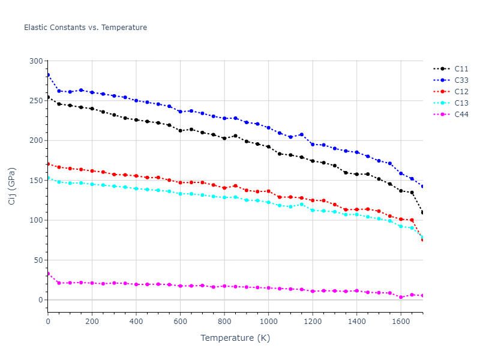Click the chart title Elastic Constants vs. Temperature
85,28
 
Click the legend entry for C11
461,69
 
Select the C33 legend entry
461,80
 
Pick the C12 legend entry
461,92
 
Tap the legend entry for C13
461,103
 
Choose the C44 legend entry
461,115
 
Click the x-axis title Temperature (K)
235,338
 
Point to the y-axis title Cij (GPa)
12,186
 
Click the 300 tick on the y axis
36,61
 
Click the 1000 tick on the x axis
268,322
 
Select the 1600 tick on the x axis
401,322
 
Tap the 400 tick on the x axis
136,322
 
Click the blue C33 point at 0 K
48,75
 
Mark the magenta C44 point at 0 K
48,274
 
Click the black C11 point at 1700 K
422,212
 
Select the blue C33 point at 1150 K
301,134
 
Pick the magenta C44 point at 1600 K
401,297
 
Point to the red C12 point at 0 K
48,164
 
